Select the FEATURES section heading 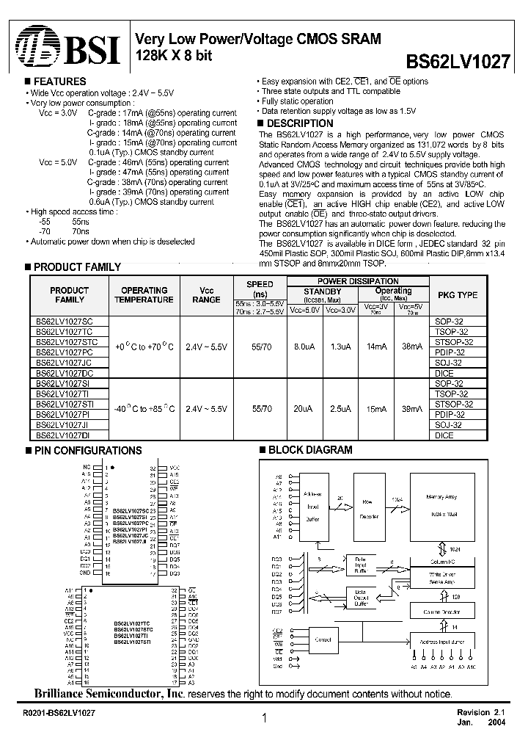pyautogui.click(x=59, y=81)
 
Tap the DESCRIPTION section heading pyautogui.click(x=298, y=123)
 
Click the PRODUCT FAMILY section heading pyautogui.click(x=76, y=267)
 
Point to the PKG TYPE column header pyautogui.click(x=457, y=295)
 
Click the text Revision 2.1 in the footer pyautogui.click(x=483, y=713)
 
